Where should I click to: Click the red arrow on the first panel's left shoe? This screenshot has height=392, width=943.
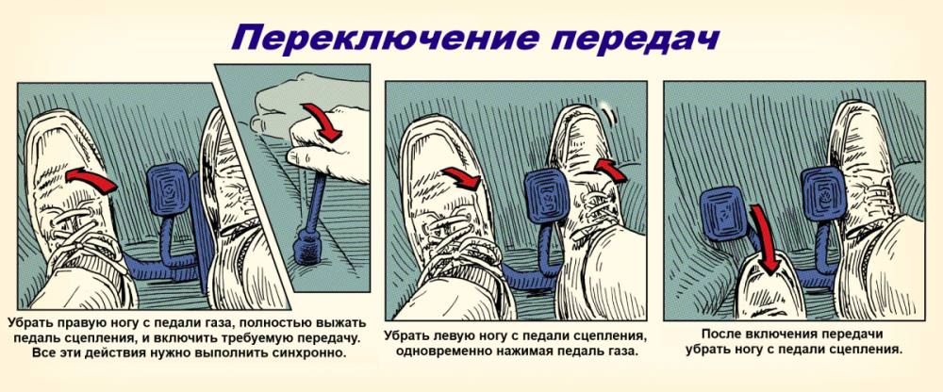pos(91,179)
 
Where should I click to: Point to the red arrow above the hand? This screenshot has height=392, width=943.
pos(323,122)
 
